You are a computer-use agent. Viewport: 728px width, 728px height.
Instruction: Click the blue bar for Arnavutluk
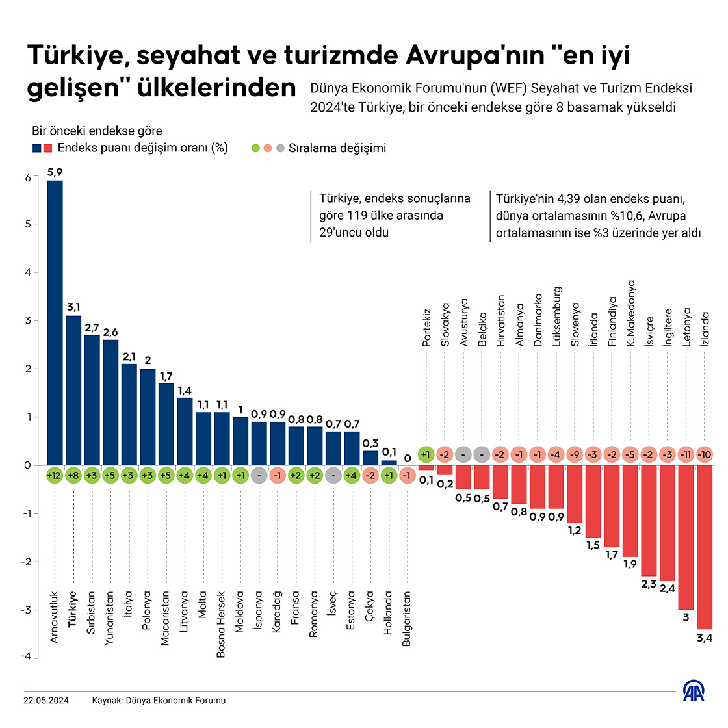(x=55, y=322)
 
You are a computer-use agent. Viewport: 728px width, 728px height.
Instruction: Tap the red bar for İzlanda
(x=705, y=547)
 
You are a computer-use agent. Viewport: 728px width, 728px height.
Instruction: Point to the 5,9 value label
(x=55, y=172)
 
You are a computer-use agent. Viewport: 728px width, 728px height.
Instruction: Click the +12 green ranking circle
(x=55, y=475)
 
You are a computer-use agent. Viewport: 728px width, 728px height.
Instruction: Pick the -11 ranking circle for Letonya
(x=686, y=455)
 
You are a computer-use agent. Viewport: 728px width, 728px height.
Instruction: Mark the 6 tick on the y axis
(x=28, y=178)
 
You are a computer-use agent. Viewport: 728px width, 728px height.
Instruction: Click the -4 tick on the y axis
(x=26, y=657)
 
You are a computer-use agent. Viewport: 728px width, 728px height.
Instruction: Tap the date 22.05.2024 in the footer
(x=46, y=701)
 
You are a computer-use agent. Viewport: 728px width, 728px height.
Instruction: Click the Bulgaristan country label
(x=407, y=618)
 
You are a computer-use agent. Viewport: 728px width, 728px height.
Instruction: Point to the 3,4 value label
(x=705, y=638)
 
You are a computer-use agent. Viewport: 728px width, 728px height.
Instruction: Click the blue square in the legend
(x=37, y=148)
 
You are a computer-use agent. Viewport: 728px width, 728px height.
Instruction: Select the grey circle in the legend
(x=279, y=148)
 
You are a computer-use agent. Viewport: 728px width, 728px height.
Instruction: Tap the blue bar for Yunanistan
(x=110, y=402)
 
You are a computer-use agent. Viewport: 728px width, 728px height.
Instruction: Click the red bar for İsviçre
(x=649, y=521)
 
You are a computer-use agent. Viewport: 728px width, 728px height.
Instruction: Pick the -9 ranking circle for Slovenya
(x=575, y=455)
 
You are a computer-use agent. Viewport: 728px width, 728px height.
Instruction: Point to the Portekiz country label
(x=427, y=327)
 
